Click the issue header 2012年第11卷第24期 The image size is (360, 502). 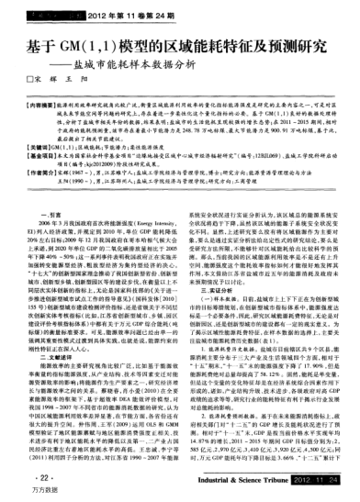[x=108, y=17]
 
